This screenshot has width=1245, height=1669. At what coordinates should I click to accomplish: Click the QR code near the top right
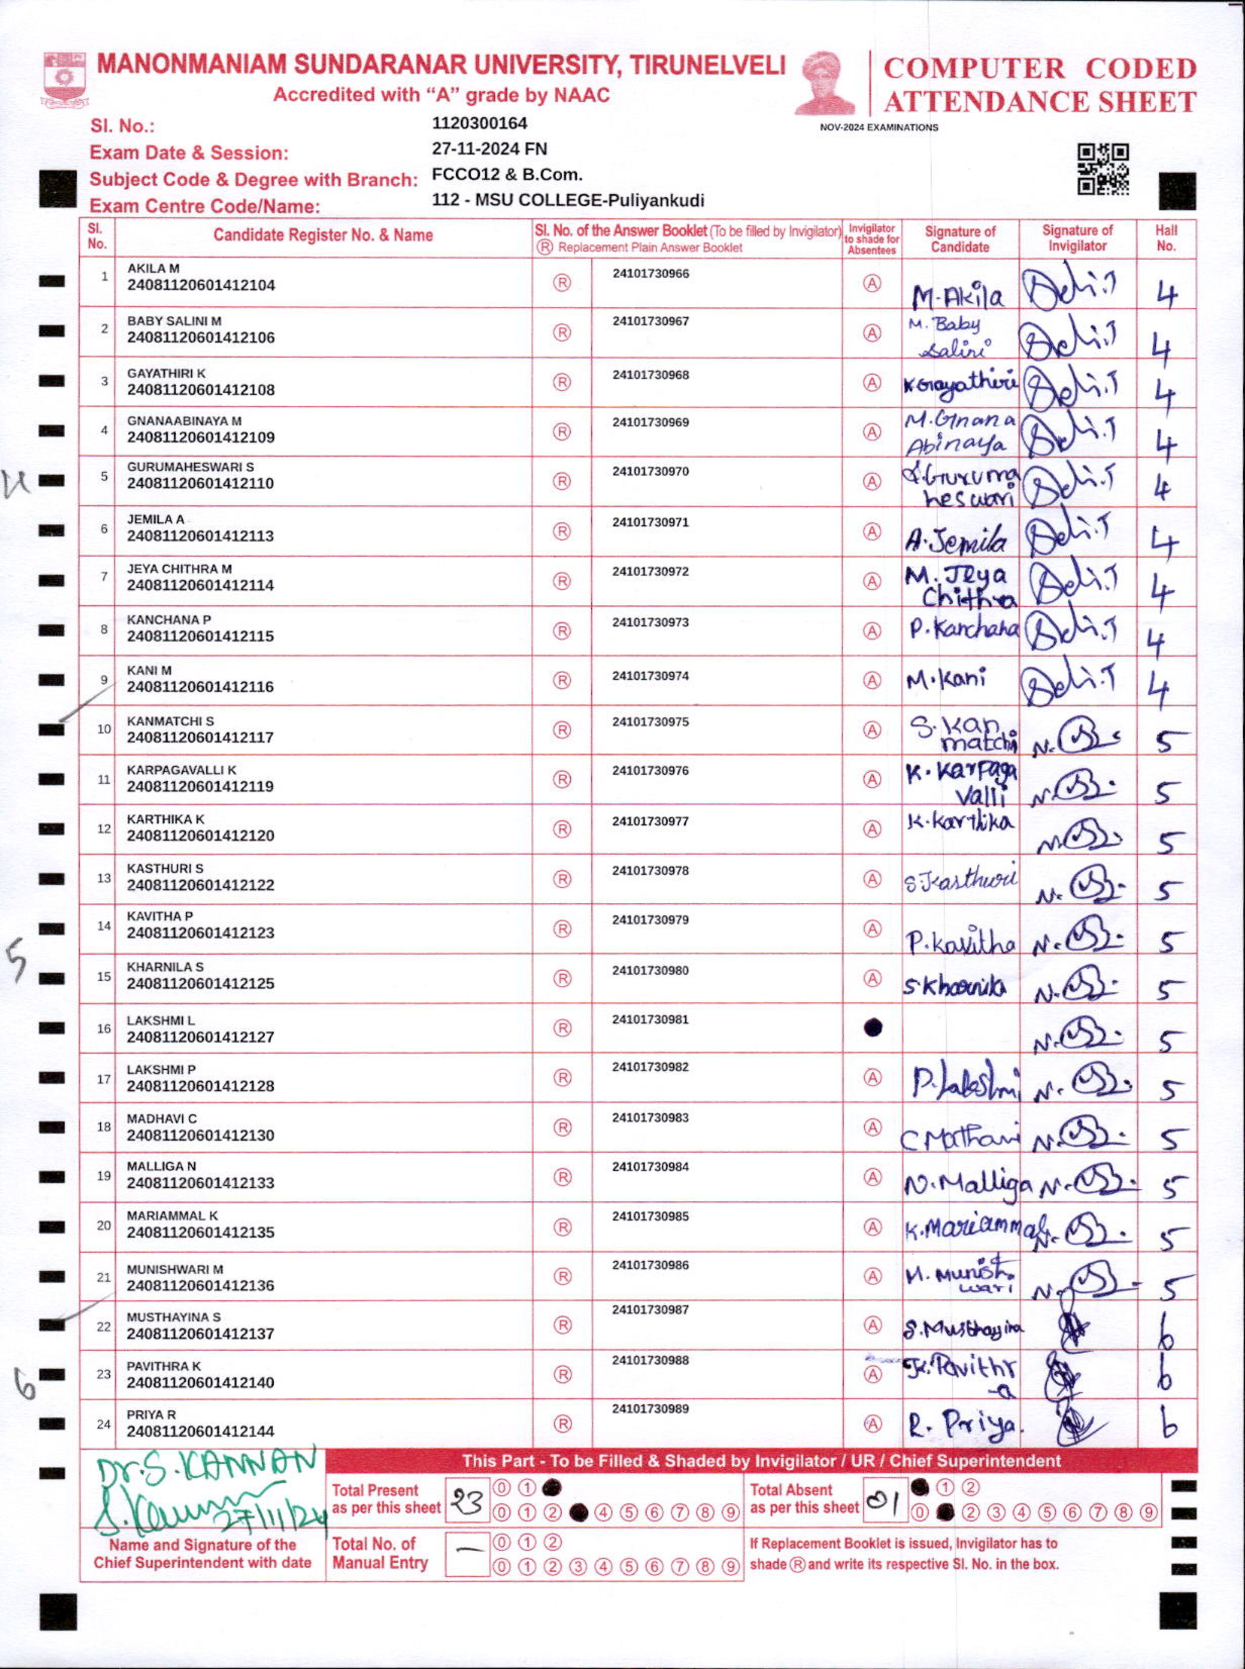1103,170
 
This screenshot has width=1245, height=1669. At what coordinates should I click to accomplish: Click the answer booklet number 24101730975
650,722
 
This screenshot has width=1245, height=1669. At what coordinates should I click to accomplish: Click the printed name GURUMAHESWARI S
190,467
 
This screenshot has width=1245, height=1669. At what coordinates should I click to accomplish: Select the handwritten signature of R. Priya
962,1424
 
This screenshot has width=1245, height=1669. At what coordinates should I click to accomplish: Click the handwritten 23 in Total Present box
467,1503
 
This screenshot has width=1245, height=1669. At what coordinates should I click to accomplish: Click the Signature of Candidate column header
960,239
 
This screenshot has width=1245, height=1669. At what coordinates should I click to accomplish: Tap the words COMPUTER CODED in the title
1040,68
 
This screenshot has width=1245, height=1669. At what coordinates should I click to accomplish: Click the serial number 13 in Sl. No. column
104,879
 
